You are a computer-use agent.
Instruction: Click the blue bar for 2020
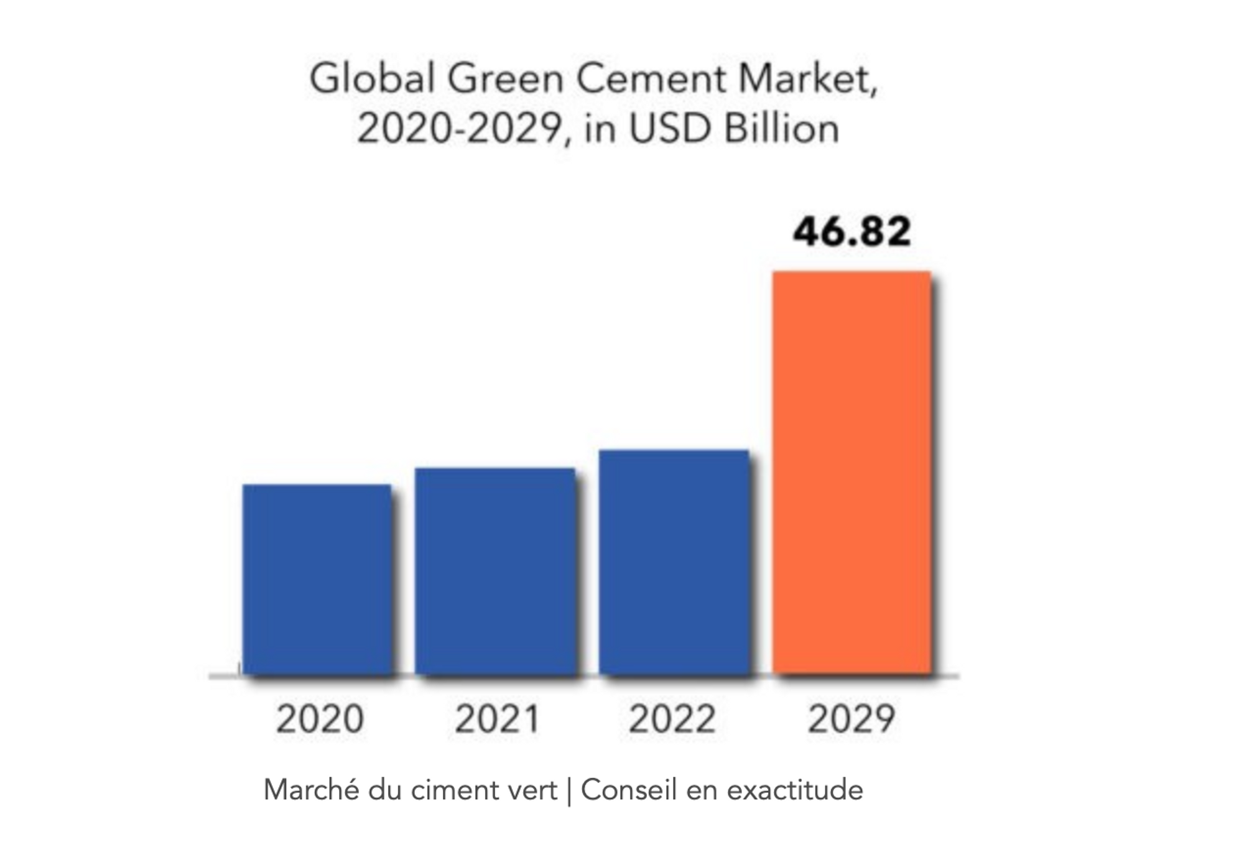coord(317,578)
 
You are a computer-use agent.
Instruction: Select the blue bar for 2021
coord(495,570)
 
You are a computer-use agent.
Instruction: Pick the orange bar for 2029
coord(852,473)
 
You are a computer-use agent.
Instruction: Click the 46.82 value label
coord(852,231)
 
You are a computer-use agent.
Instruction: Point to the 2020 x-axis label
coord(320,719)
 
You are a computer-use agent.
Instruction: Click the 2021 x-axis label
coord(497,719)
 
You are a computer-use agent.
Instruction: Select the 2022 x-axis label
coord(672,719)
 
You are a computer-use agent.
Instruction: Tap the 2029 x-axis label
coord(851,719)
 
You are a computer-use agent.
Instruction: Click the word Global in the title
coord(372,80)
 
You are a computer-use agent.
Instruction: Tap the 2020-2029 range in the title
coord(460,129)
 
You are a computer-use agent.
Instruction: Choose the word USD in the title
coord(670,129)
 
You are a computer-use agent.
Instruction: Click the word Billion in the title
coord(781,129)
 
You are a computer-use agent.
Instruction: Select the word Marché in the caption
coord(311,790)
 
